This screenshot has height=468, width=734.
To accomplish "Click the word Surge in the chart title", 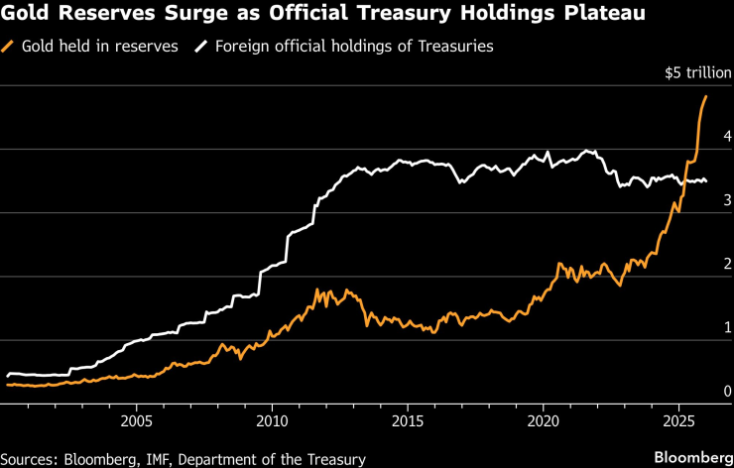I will [x=185, y=15].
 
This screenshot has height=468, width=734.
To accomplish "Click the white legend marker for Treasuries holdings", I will [x=202, y=46].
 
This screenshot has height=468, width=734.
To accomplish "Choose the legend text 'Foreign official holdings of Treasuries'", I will [x=354, y=46].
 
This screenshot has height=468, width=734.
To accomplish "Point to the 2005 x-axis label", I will [x=136, y=420].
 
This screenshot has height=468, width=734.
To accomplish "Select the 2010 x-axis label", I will [x=272, y=420].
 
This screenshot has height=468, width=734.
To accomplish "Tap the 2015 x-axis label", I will [x=408, y=420].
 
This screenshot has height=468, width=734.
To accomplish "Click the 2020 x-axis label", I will [x=544, y=420].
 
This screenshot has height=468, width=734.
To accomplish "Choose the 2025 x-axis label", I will [x=678, y=420].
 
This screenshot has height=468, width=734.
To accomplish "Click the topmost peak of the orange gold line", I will [x=705, y=96].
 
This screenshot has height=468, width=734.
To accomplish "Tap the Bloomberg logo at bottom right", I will [x=685, y=456].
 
